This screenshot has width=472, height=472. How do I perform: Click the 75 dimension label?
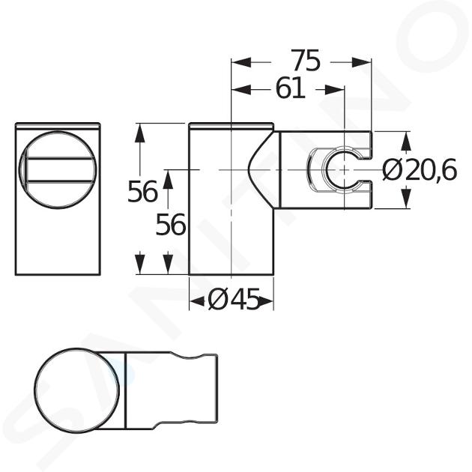click(306, 61)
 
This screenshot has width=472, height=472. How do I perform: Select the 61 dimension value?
click(290, 89)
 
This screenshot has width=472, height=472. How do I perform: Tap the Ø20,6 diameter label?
click(420, 170)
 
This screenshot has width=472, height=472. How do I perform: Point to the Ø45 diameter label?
click(234, 300)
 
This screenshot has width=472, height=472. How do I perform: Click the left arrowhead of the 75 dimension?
click(240, 63)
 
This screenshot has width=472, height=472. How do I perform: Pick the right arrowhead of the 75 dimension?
click(362, 63)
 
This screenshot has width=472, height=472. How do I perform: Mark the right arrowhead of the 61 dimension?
click(334, 89)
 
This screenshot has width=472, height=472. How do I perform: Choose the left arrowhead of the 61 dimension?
click(240, 89)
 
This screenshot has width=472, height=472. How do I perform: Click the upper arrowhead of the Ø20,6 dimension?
click(406, 142)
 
